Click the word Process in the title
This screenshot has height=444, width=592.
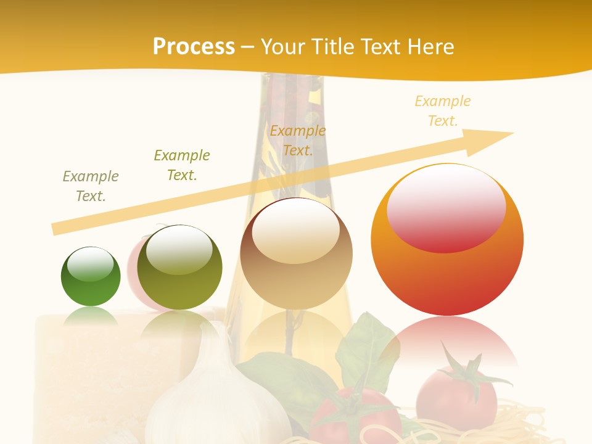point(194,46)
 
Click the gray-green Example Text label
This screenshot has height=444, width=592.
point(91,186)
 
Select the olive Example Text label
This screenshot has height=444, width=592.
point(182,165)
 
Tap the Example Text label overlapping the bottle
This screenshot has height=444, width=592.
point(298,140)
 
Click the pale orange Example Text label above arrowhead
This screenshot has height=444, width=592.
point(443,110)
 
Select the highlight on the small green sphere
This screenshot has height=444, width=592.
point(91,264)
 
